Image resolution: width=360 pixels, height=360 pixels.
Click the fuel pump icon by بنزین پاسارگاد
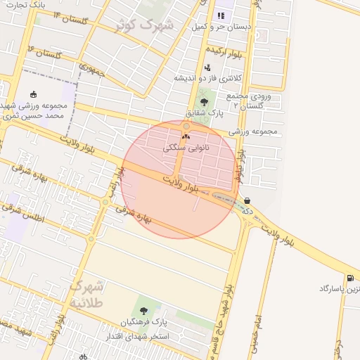[350, 278]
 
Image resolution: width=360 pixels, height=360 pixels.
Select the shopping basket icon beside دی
[247, 200]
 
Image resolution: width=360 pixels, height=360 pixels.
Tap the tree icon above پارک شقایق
[205, 102]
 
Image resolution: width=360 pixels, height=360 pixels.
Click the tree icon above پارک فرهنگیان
[143, 311]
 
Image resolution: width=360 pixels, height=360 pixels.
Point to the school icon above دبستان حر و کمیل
[221, 15]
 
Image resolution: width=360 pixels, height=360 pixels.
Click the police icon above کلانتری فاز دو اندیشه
[207, 67]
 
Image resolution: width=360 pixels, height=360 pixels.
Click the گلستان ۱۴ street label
[67, 17]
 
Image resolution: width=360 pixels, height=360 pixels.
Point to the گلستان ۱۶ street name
[46, 51]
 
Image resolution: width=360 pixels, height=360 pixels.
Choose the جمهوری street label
[92, 70]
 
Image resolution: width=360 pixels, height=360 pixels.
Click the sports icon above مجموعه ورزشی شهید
[34, 94]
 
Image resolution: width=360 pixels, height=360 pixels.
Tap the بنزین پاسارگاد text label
[337, 289]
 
